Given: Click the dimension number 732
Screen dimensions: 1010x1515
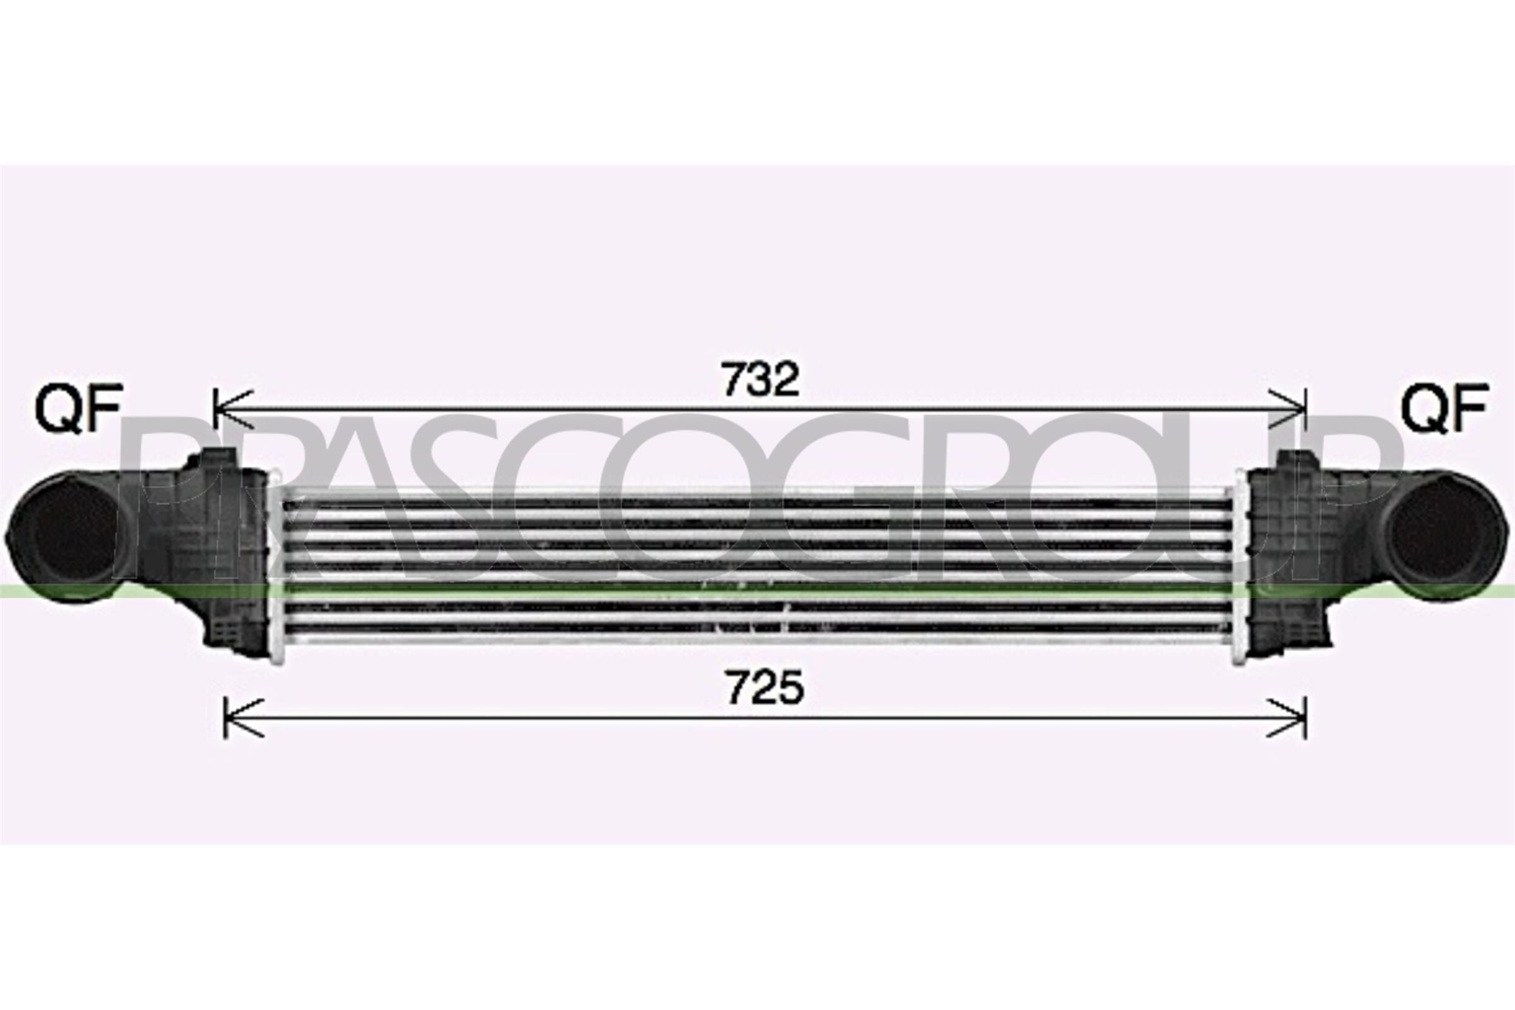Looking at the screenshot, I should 760,379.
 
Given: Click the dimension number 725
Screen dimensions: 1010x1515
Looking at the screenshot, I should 765,689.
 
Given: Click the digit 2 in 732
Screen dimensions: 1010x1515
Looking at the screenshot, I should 786,379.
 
